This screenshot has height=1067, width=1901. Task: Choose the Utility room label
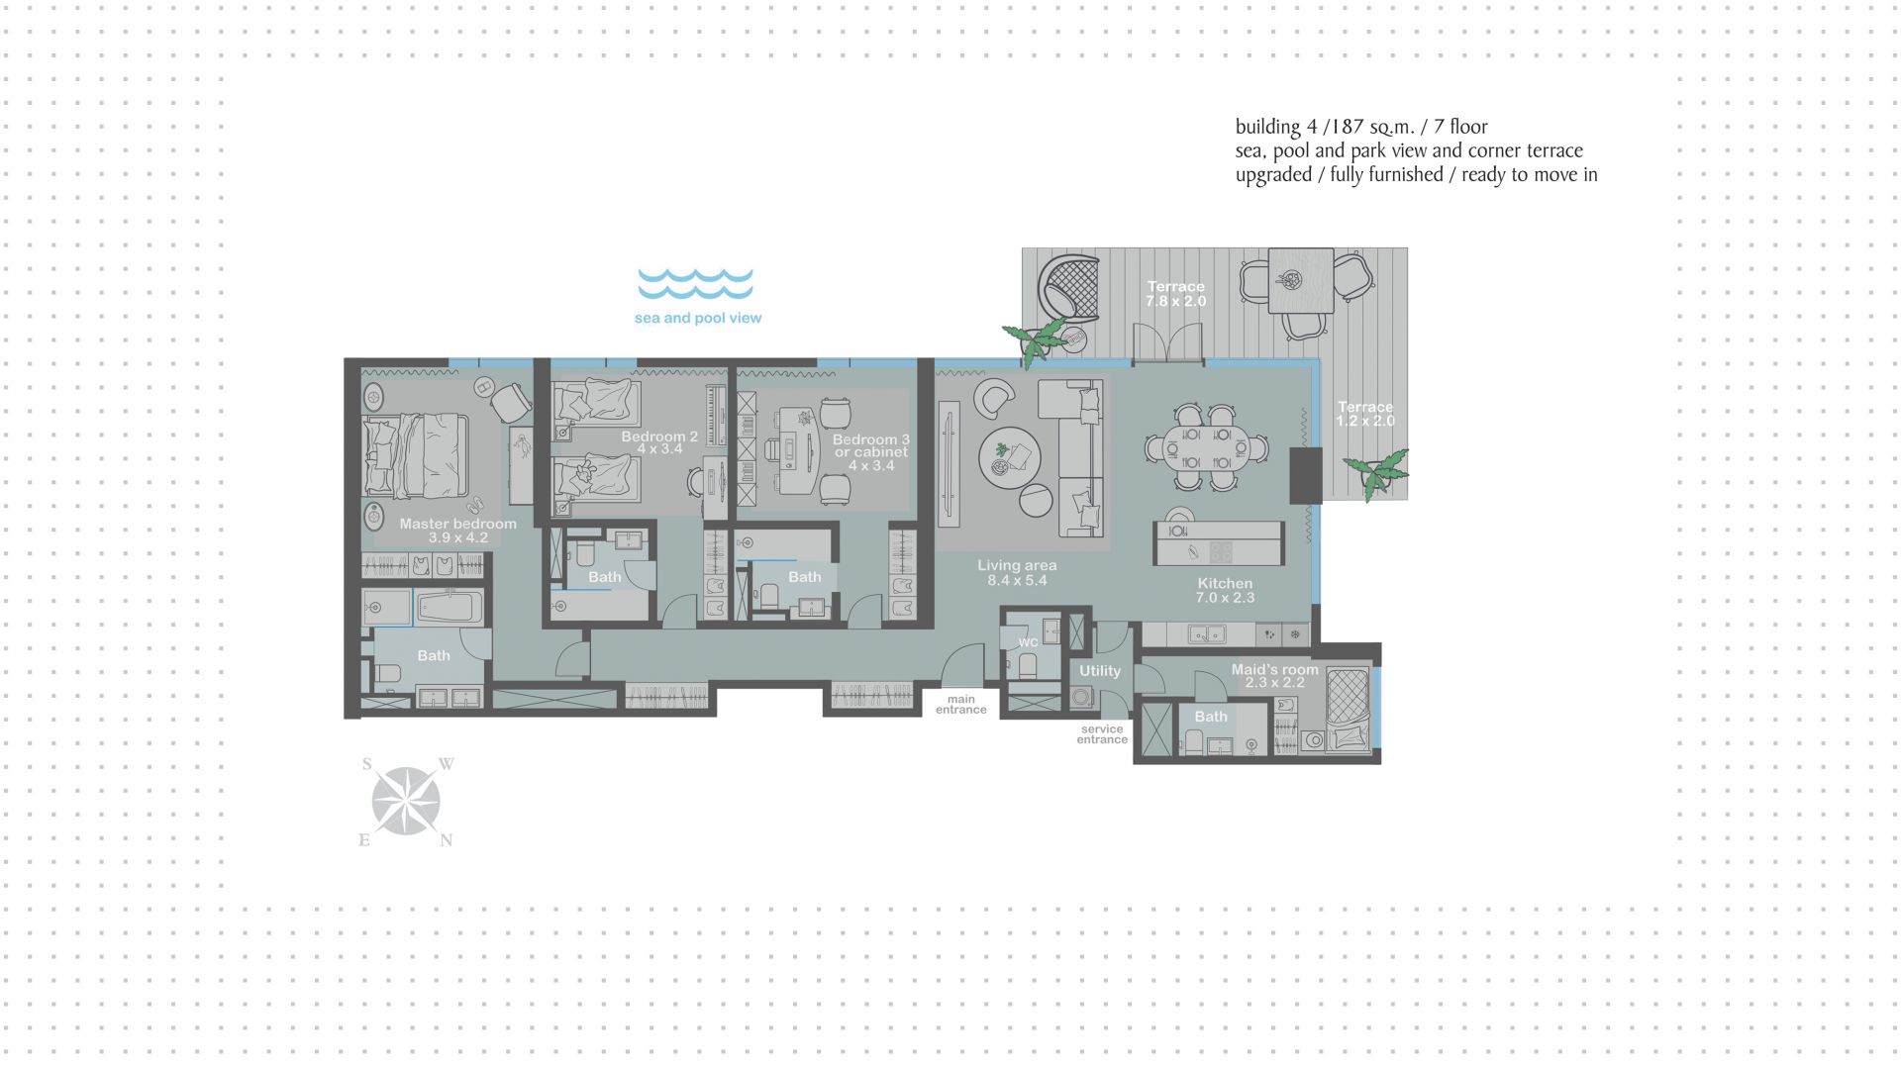(x=1100, y=670)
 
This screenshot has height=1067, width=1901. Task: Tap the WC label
(x=1029, y=642)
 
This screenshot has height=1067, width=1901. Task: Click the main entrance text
(x=960, y=704)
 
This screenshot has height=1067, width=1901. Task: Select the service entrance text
(x=1102, y=734)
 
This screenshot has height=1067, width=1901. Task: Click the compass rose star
(x=406, y=801)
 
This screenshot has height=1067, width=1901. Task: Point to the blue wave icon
(x=695, y=283)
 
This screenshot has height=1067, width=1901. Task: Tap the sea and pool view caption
(x=698, y=318)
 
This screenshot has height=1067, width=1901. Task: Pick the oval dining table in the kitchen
(x=1206, y=448)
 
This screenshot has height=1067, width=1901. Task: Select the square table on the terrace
(x=1300, y=280)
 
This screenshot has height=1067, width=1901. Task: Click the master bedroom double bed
(x=416, y=455)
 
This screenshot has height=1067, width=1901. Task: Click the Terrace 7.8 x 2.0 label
(x=1176, y=294)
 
